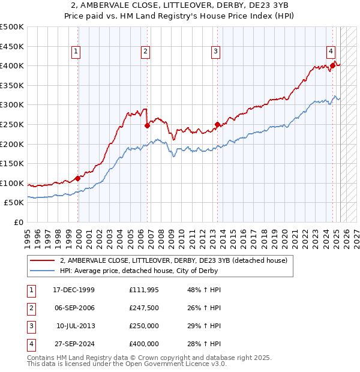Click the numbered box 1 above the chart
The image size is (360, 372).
coord(77,52)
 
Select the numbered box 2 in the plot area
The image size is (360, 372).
coord(146,52)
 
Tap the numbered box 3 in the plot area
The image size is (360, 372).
coord(215,52)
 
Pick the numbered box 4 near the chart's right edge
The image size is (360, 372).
coord(331,52)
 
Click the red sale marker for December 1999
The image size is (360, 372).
coord(78,178)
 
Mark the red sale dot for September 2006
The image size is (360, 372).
coord(147,125)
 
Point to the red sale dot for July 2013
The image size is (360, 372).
coord(217,124)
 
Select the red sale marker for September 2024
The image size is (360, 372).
coord(332,65)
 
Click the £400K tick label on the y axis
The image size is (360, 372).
coord(12,65)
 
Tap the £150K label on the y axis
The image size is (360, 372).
coord(12,163)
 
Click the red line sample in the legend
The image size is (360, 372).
coord(42,261)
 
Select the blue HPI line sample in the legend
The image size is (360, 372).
coord(42,271)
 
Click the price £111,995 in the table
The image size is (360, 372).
coord(144,290)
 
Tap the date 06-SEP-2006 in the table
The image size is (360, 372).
coord(74,308)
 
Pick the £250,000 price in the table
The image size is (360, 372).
coord(144,326)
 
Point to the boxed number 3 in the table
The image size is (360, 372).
coord(30,326)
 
